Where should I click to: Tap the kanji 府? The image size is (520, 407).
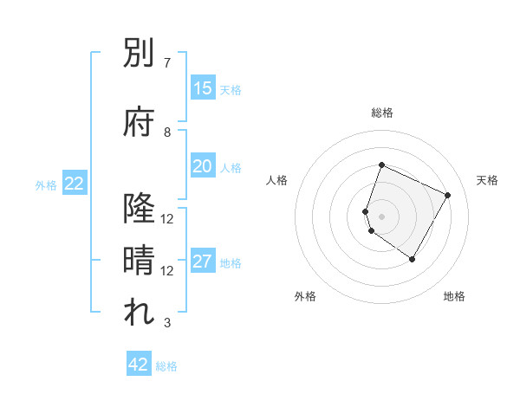click(139, 121)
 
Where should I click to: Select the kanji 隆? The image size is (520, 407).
click(139, 209)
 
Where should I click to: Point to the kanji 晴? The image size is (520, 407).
click(139, 260)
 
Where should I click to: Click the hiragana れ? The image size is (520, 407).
click(139, 313)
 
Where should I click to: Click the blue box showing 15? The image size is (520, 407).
click(203, 88)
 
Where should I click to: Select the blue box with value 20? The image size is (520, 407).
click(203, 166)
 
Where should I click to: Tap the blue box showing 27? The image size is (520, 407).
click(203, 262)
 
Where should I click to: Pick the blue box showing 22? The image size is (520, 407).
click(75, 184)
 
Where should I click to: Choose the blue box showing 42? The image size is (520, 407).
click(139, 365)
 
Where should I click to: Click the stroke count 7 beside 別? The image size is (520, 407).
click(166, 63)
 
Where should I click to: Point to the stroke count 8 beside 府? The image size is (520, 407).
click(167, 132)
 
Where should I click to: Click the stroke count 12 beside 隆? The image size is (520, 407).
click(167, 219)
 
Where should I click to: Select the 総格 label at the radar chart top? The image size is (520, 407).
click(382, 113)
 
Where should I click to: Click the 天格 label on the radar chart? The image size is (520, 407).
click(487, 180)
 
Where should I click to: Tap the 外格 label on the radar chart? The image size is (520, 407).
click(305, 297)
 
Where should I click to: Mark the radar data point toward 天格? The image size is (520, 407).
click(448, 195)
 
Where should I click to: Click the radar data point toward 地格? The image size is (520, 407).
click(413, 259)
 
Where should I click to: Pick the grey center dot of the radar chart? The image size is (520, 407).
click(382, 216)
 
